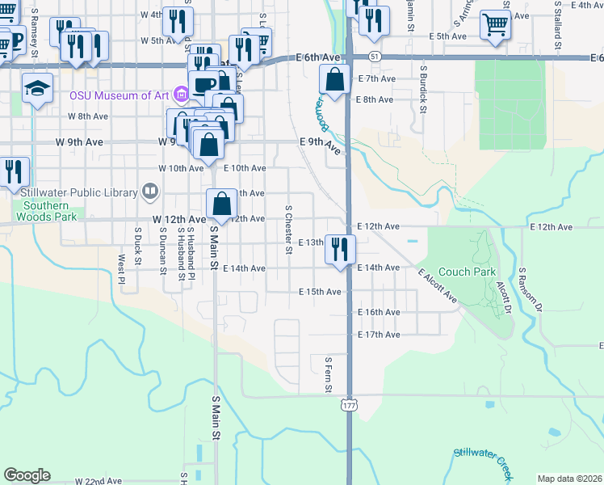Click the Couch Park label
click(x=467, y=272)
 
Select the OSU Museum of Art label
click(x=119, y=95)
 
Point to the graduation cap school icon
click(x=38, y=88)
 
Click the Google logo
click(x=27, y=475)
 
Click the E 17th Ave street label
click(x=380, y=335)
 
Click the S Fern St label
click(x=329, y=375)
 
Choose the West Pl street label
click(x=121, y=270)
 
